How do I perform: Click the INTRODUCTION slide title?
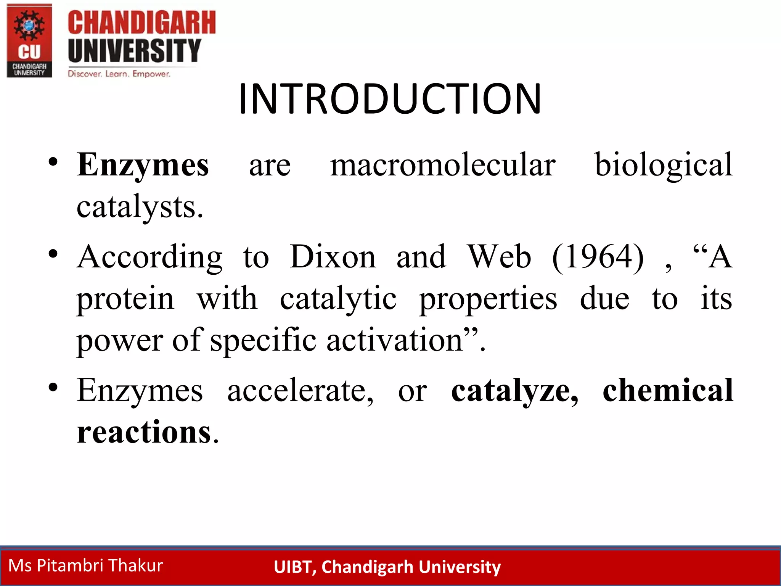390,99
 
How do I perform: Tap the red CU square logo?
29,41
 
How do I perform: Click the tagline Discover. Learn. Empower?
119,74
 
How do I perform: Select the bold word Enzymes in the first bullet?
143,165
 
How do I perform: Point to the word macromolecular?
443,165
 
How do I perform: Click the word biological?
664,165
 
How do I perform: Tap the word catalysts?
140,207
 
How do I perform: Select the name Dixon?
333,257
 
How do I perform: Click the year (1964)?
598,257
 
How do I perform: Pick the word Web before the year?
499,257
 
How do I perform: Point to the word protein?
125,299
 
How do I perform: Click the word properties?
488,299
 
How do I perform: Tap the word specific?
263,340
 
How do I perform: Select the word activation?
395,340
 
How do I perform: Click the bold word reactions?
144,432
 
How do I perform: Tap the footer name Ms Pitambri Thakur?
86,565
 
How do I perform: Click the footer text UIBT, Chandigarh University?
387,567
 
